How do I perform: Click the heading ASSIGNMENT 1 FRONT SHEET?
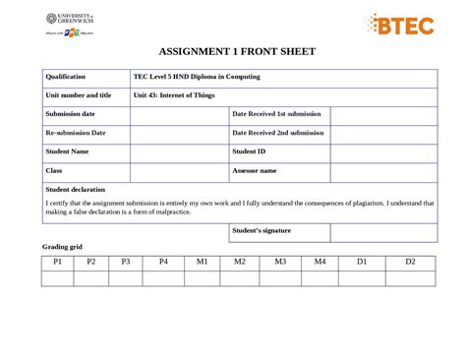pyautogui.click(x=232, y=54)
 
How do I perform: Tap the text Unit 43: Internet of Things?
pyautogui.click(x=174, y=95)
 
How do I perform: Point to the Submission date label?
pyautogui.click(x=71, y=114)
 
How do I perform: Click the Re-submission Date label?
pyautogui.click(x=76, y=133)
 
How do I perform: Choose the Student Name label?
pyautogui.click(x=68, y=151)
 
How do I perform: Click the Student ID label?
pyautogui.click(x=249, y=151)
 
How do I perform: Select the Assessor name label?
pyautogui.click(x=255, y=170)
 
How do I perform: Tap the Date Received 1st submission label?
pyautogui.click(x=277, y=114)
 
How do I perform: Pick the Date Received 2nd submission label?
pyautogui.click(x=278, y=133)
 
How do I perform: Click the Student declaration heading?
pyautogui.click(x=76, y=189)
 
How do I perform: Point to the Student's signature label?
pyautogui.click(x=262, y=231)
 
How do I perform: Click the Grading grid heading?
pyautogui.click(x=62, y=246)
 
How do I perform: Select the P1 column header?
pyautogui.click(x=58, y=262)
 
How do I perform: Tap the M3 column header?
pyautogui.click(x=280, y=262)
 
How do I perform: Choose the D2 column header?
pyautogui.click(x=410, y=262)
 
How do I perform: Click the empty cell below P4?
pyautogui.click(x=164, y=278)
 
